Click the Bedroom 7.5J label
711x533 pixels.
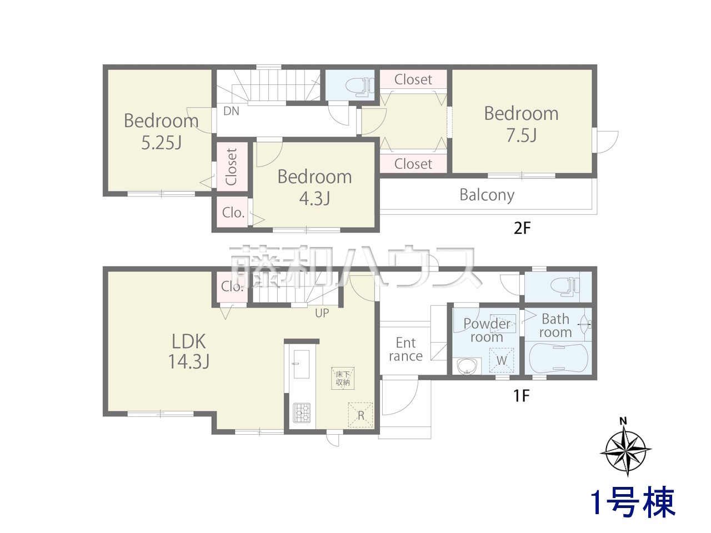521,124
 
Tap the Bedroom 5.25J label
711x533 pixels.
161,132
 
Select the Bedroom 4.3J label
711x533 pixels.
314,187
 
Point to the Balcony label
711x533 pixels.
487,195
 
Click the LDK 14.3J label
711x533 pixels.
188,351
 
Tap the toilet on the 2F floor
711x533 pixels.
359,86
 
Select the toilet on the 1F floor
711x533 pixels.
564,286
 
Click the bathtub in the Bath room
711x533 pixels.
558,358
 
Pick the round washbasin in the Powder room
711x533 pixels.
467,366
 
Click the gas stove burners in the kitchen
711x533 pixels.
302,413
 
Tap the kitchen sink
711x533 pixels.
301,364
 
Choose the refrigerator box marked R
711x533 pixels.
360,415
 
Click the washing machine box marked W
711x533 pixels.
501,360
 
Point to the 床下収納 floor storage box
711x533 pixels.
343,378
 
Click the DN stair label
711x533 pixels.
231,111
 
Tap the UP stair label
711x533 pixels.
322,313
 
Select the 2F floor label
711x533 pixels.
522,229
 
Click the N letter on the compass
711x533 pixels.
623,421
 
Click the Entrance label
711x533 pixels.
405,350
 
